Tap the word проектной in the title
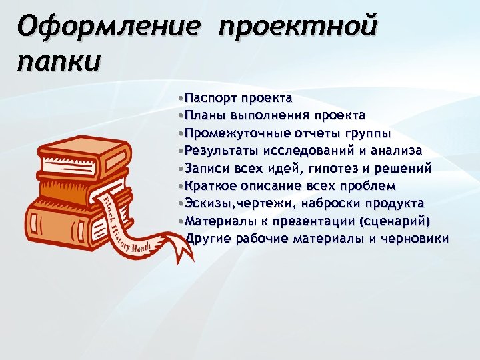297,28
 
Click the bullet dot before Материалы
181,221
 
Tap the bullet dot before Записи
181,168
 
